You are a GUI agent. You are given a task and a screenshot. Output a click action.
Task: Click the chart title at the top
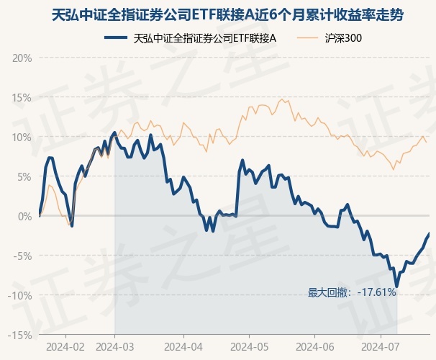217,14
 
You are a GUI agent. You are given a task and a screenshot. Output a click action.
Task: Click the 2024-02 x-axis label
65,346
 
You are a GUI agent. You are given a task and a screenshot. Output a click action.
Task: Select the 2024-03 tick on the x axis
115,346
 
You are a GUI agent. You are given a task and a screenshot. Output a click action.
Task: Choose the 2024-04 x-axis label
183,346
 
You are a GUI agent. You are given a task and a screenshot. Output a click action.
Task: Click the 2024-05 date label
249,346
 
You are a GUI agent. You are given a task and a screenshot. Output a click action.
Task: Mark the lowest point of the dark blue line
396,286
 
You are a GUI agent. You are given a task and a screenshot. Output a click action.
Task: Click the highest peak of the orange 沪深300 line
283,99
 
